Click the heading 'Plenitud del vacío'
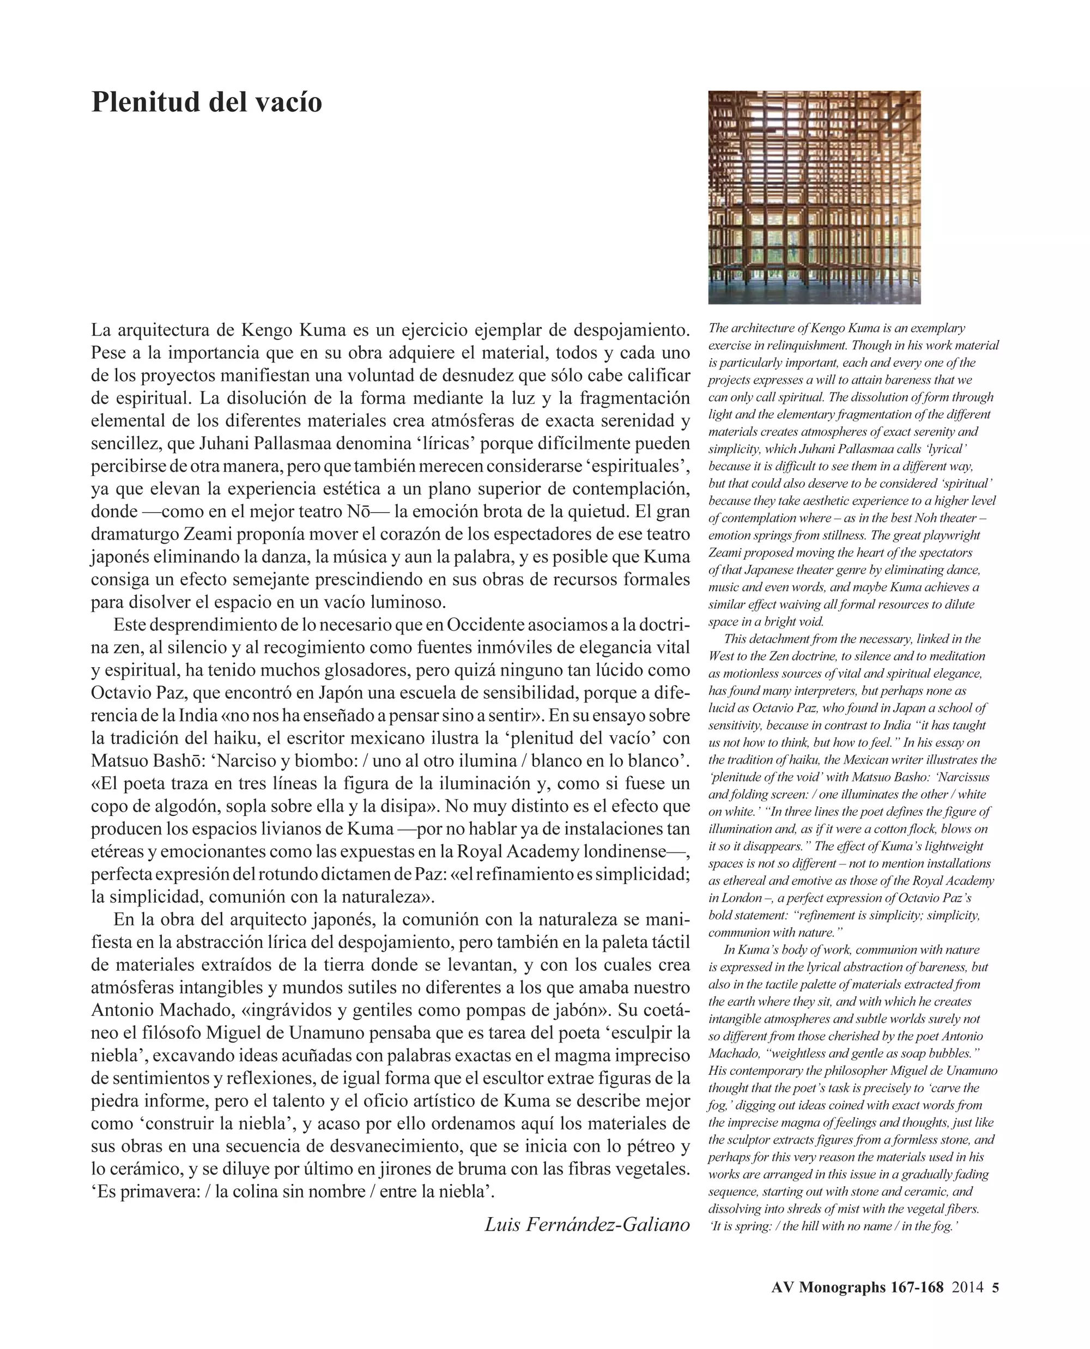point(207,102)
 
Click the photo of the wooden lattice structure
point(814,197)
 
